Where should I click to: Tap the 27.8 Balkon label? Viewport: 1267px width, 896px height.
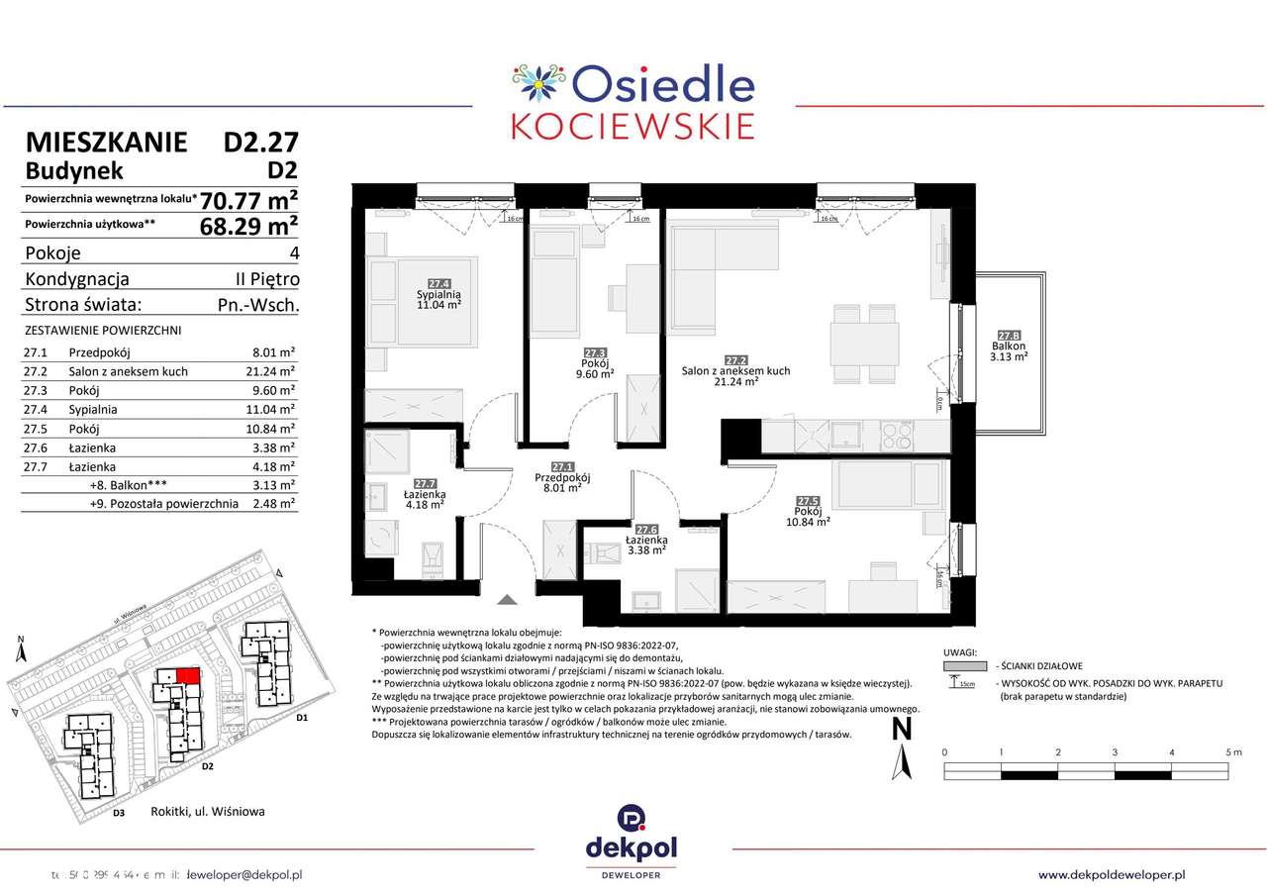[x=1010, y=347]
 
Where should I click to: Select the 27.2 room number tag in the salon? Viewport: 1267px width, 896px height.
[x=734, y=360]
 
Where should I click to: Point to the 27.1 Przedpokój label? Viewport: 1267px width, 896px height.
[x=562, y=477]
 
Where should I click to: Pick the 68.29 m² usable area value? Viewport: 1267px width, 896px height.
[x=248, y=227]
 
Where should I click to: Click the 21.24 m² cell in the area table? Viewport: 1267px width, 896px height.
[x=273, y=371]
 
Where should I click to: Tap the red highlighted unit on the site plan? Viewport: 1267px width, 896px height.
[x=188, y=675]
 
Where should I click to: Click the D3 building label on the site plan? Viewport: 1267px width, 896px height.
[x=118, y=813]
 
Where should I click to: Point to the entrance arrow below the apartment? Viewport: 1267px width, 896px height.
[x=507, y=599]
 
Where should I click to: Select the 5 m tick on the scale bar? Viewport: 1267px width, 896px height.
[x=1232, y=752]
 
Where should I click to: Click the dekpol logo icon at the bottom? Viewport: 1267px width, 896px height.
[x=633, y=818]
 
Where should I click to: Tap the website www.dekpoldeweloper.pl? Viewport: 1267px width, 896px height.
[x=1112, y=874]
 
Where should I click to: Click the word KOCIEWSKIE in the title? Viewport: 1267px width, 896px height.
[x=633, y=126]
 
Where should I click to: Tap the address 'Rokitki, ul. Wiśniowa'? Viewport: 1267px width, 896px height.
[x=208, y=812]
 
